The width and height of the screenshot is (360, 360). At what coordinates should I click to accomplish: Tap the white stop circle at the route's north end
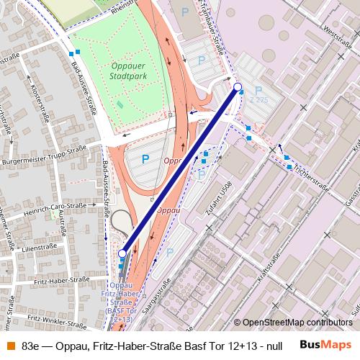tap(238, 87)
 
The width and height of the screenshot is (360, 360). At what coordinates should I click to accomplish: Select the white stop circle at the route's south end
tap(122, 253)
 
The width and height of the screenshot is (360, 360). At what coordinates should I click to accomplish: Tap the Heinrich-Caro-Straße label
tap(53, 207)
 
